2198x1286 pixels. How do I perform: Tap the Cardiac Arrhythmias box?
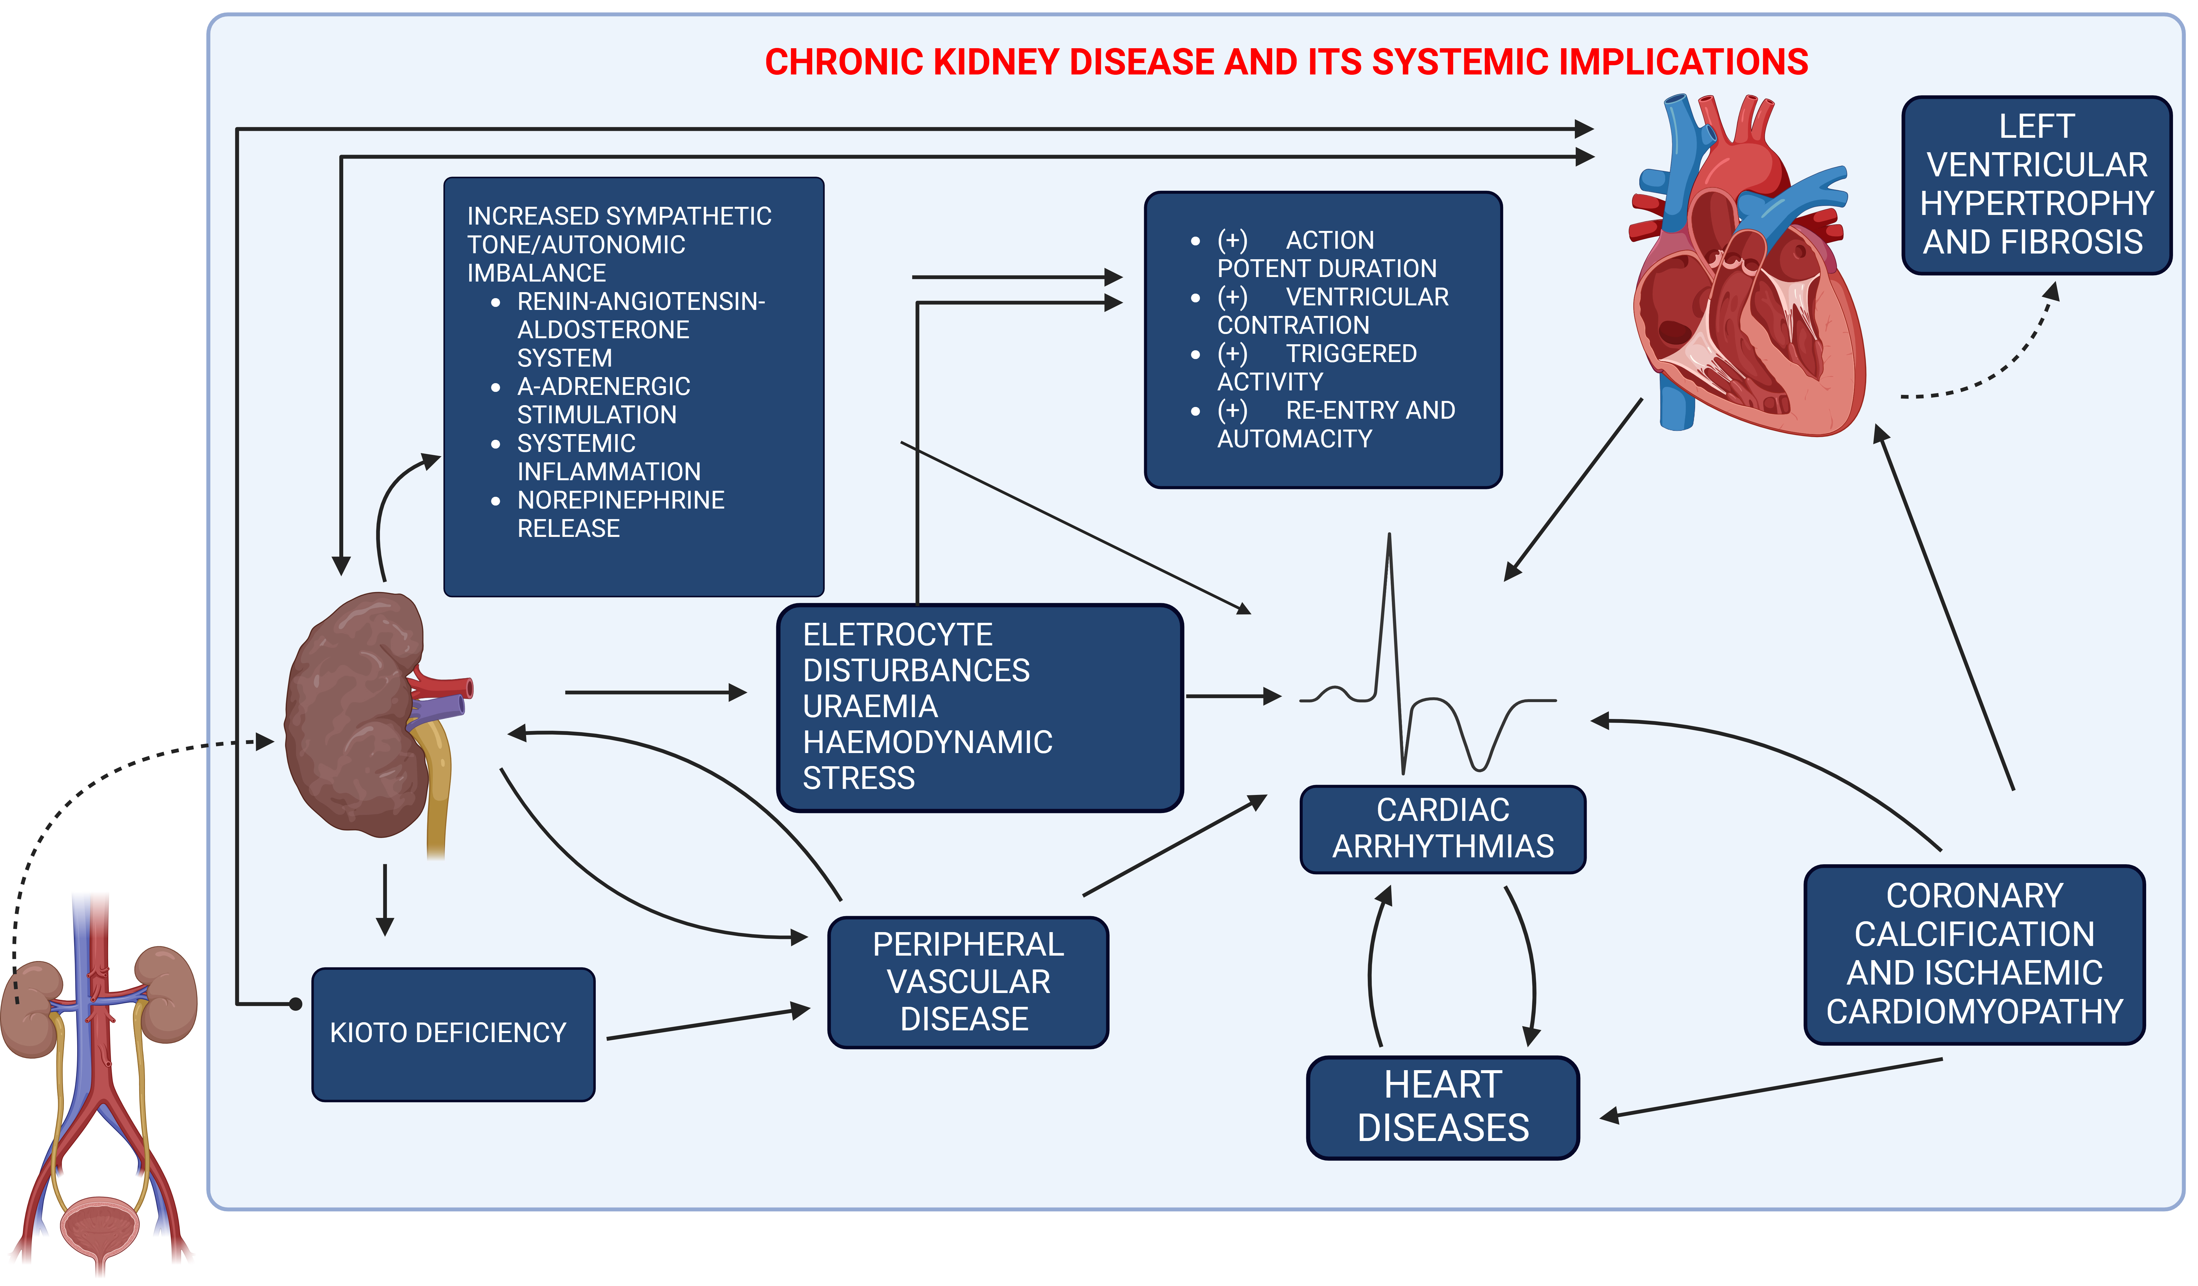click(1443, 829)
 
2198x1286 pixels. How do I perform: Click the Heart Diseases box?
click(1443, 1107)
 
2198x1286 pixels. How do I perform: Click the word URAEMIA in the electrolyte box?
click(870, 706)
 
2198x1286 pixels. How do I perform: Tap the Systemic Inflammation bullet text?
click(608, 457)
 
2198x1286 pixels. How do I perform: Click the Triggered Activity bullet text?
click(1317, 367)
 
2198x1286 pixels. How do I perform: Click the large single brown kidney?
click(358, 711)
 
